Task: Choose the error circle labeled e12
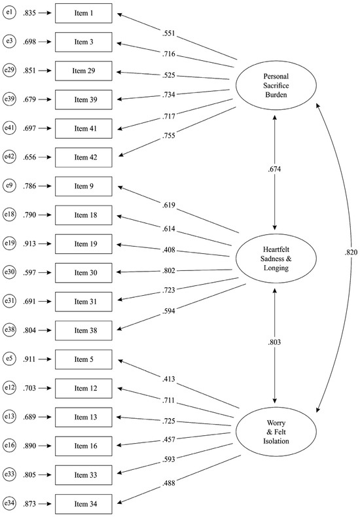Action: pyautogui.click(x=9, y=388)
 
